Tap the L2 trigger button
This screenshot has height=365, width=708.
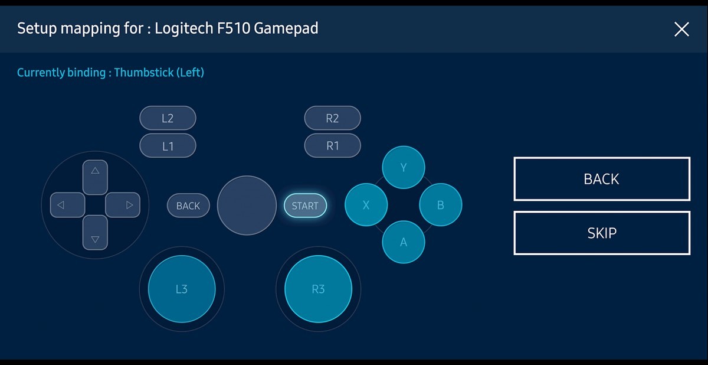tap(168, 118)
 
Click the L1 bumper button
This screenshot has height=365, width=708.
tap(168, 146)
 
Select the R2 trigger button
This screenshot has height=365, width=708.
tap(333, 118)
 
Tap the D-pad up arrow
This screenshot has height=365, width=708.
tap(95, 177)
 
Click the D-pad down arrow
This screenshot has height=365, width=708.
tap(95, 233)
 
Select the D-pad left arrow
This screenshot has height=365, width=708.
tap(68, 205)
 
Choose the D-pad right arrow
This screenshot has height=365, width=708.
tap(123, 205)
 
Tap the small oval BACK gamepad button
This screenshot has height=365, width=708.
tap(188, 206)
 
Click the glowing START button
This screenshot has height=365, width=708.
tap(305, 206)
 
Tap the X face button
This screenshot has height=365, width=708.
tap(366, 205)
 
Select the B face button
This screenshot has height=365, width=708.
tap(441, 205)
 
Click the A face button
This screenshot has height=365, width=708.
tap(404, 242)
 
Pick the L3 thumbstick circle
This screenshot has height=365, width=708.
tap(182, 289)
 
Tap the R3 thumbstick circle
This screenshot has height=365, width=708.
tap(318, 289)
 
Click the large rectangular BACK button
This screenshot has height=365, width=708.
tap(602, 179)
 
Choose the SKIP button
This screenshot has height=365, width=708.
tap(602, 233)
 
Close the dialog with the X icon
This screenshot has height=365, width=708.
tap(681, 30)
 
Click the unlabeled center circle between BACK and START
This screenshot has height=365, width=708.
tap(247, 206)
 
